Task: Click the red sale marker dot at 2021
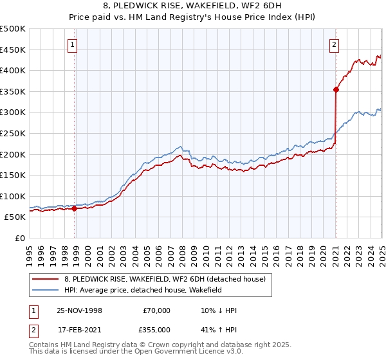coord(336,90)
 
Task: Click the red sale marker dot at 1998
coord(75,208)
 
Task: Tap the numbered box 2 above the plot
coord(335,45)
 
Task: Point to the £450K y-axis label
coord(13,50)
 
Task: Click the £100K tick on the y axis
coord(13,196)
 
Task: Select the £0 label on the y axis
coord(19,238)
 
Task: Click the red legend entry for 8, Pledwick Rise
coord(160,278)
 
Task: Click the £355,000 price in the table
coord(156,330)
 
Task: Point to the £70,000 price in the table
coord(156,310)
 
